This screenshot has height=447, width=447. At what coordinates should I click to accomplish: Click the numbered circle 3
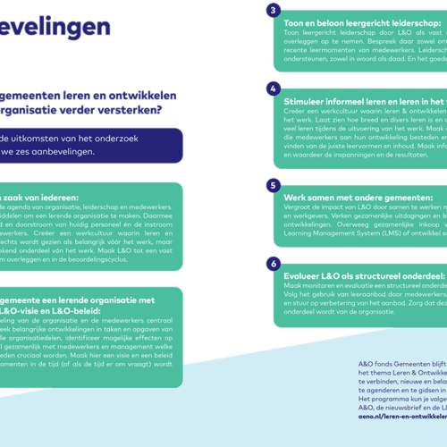[274, 11]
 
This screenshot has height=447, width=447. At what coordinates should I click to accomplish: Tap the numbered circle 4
[274, 89]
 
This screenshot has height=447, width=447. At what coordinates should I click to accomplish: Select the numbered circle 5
[274, 185]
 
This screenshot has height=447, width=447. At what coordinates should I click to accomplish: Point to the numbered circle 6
[274, 264]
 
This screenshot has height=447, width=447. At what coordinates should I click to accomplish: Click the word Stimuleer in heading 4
[308, 102]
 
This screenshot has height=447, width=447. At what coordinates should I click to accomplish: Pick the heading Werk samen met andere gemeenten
[352, 197]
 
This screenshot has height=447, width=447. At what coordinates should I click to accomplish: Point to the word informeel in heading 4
[367, 102]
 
